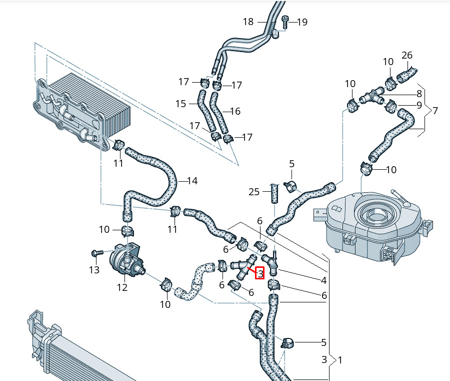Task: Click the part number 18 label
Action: [248, 22]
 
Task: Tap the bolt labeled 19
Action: [285, 22]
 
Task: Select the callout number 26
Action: [407, 55]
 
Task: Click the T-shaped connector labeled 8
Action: [372, 96]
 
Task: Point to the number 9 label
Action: [419, 105]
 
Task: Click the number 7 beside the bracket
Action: [435, 111]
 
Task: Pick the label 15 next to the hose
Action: [181, 104]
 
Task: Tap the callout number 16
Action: [235, 111]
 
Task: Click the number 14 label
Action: [192, 181]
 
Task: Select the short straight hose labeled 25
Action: [274, 194]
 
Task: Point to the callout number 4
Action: [323, 280]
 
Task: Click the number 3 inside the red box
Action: [260, 273]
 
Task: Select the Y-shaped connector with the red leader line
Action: [243, 267]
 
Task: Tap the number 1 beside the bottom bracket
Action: [340, 360]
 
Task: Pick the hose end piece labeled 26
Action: [406, 74]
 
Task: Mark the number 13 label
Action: [94, 270]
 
